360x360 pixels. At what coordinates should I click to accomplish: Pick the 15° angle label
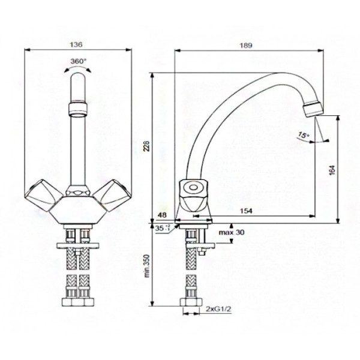coord(301,136)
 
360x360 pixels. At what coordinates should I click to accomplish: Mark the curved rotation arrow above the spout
coord(79,70)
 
